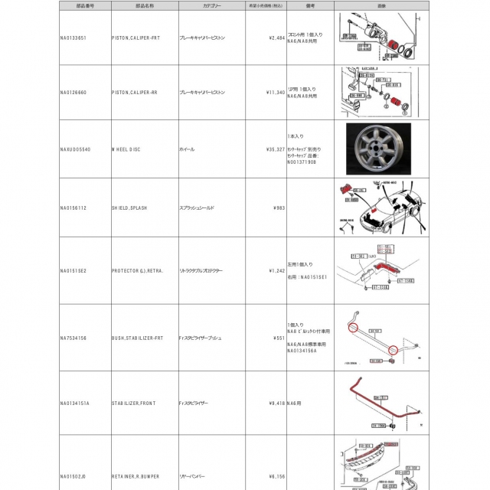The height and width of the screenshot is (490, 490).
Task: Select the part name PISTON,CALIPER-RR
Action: tap(137, 93)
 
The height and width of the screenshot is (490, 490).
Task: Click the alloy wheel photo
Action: tap(372, 149)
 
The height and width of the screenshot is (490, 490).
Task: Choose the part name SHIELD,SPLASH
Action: tap(131, 207)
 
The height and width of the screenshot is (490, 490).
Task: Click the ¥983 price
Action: tap(279, 207)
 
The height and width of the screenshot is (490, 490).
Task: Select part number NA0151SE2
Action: tap(73, 270)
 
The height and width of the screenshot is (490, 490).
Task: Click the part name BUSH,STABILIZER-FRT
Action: tap(138, 338)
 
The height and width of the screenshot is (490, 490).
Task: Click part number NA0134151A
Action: tap(74, 403)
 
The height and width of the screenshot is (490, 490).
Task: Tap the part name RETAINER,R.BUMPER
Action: tap(136, 476)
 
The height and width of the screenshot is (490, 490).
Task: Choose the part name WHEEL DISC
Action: tap(126, 149)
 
